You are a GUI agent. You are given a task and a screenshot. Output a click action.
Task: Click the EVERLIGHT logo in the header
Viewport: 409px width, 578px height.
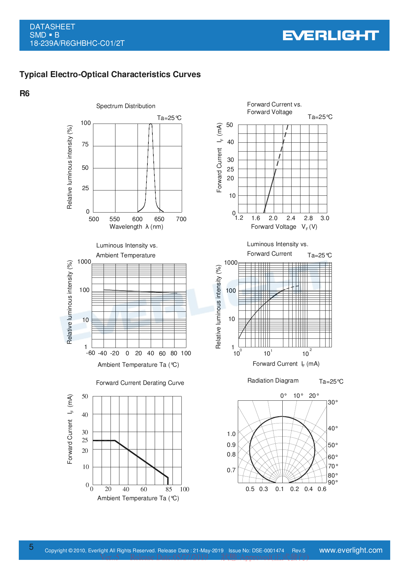click(x=330, y=36)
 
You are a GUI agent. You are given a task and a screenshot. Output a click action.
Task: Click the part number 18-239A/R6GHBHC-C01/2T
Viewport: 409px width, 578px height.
click(x=77, y=43)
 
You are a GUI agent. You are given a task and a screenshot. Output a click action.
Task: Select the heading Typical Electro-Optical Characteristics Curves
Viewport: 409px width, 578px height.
click(x=110, y=74)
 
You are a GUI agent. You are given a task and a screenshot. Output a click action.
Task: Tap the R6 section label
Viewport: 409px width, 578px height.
click(x=24, y=94)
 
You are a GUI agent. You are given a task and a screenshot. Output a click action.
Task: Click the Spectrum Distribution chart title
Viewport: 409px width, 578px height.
click(x=126, y=106)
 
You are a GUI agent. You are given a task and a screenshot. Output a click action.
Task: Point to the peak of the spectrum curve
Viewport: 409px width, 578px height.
click(x=151, y=124)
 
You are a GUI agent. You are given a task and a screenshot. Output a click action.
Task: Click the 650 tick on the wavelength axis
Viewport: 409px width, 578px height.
click(x=159, y=219)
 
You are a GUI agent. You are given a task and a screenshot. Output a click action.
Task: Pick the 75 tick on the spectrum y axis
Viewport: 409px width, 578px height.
click(x=85, y=144)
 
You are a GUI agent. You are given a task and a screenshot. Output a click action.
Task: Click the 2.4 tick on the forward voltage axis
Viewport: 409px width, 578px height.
click(x=291, y=218)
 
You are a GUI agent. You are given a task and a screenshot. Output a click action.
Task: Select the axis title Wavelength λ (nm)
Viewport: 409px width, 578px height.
click(x=136, y=227)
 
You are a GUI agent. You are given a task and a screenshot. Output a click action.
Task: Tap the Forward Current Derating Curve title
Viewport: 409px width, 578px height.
click(x=140, y=383)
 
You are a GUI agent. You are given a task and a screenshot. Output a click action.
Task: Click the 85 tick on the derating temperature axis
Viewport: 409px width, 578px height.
click(x=169, y=489)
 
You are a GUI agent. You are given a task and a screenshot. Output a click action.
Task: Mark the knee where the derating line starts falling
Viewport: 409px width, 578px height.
click(x=114, y=440)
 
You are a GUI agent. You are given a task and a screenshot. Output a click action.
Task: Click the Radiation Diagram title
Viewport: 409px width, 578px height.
click(x=273, y=381)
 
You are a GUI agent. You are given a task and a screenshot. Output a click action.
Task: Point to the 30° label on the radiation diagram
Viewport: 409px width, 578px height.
click(x=333, y=402)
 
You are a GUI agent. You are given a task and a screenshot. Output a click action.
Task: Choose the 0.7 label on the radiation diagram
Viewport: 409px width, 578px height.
click(x=231, y=470)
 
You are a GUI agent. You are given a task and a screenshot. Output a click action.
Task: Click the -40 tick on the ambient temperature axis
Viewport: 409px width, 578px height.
click(x=103, y=353)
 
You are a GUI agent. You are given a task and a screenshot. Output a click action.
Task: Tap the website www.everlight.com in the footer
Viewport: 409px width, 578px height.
click(x=351, y=550)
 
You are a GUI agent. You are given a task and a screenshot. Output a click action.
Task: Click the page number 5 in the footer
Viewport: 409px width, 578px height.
click(x=31, y=547)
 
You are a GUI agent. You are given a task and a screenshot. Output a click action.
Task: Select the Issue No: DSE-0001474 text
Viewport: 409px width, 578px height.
click(x=256, y=551)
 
